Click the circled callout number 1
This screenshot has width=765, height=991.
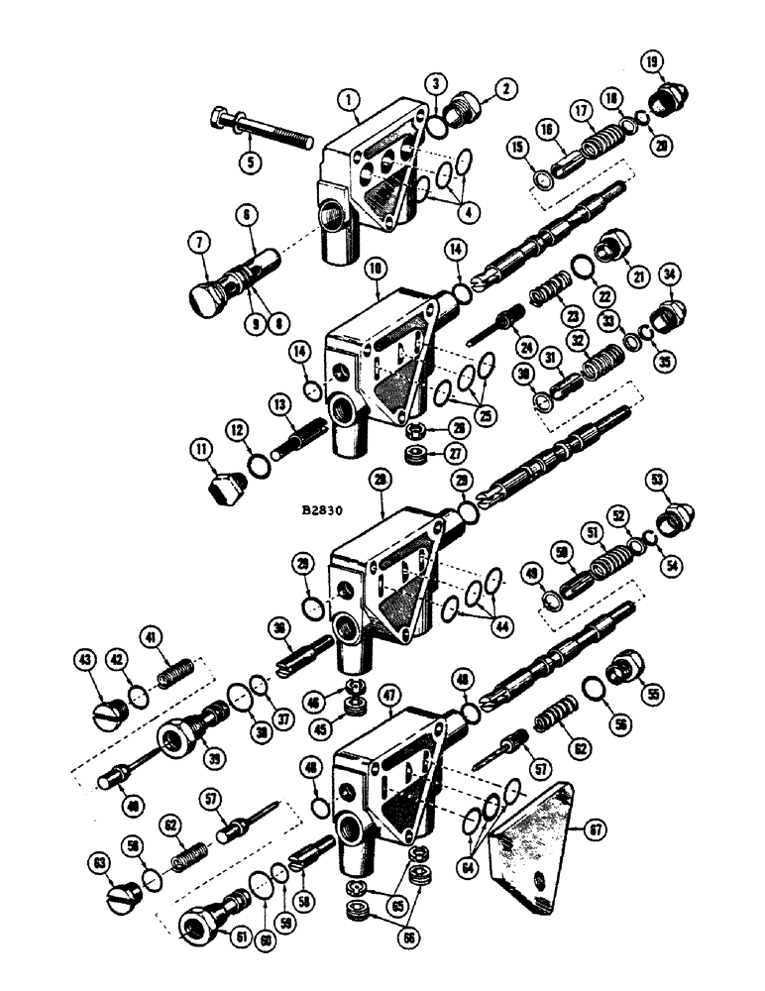[346, 99]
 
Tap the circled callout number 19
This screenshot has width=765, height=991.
[653, 65]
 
